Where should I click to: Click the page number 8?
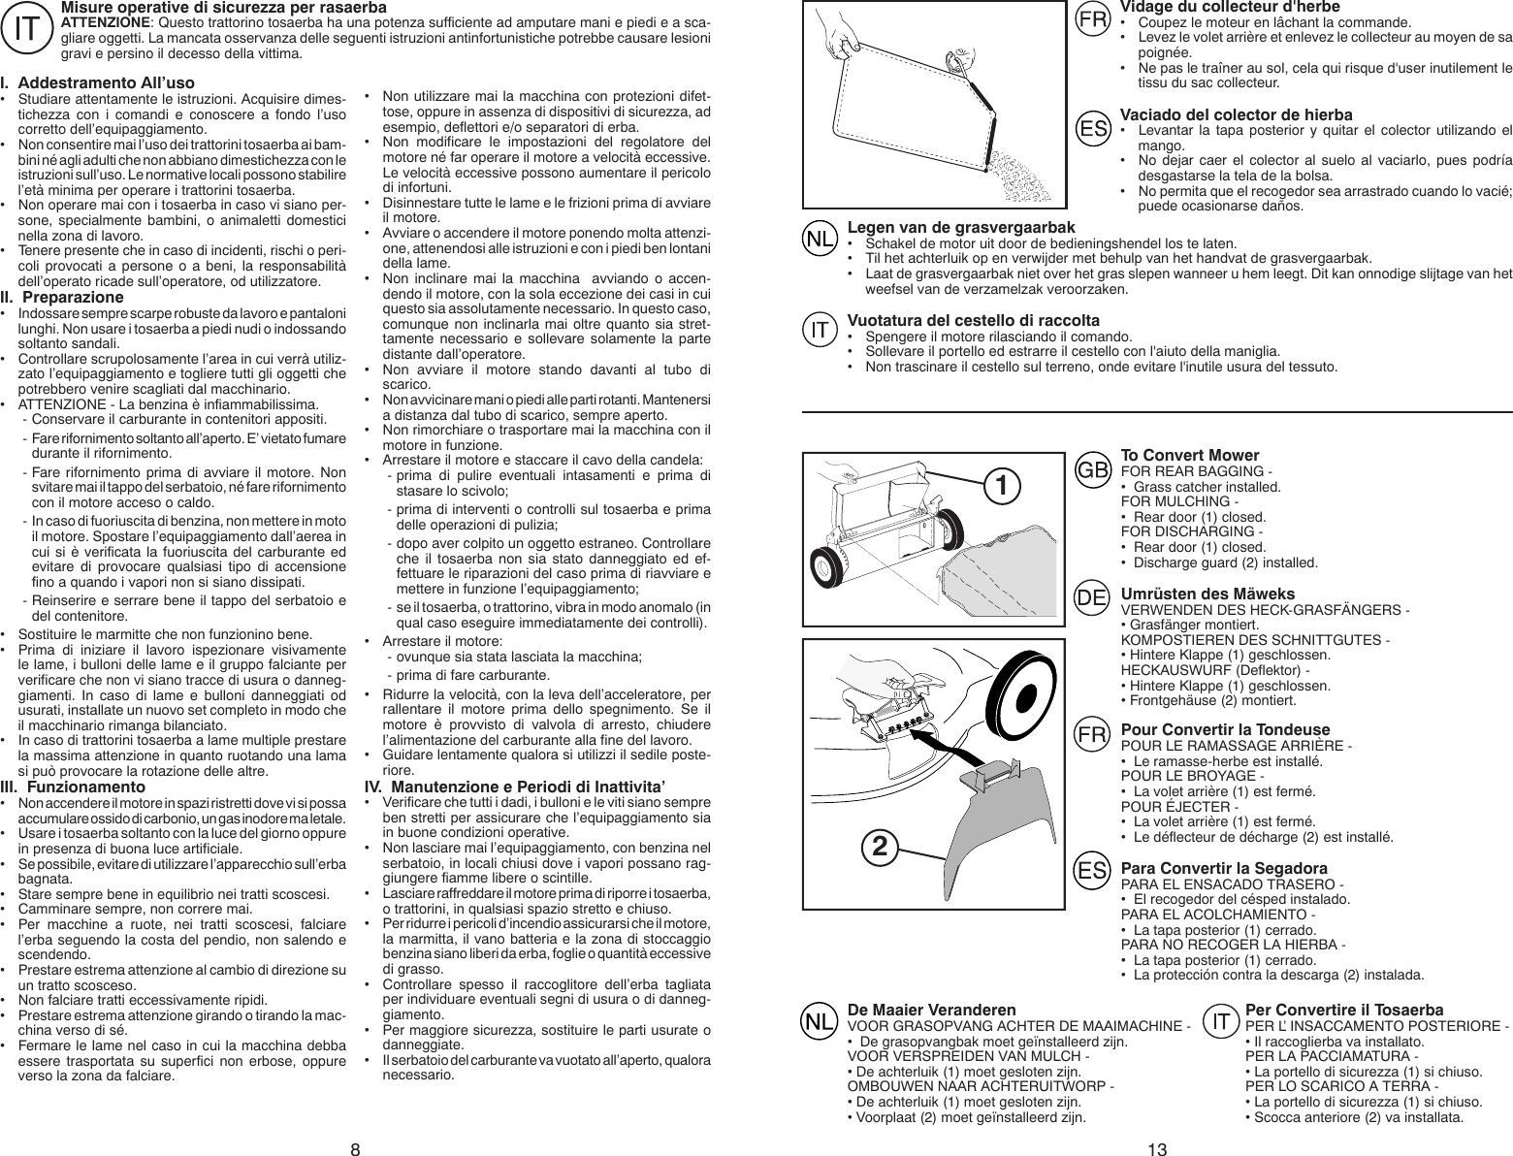[x=355, y=1149]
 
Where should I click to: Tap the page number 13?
[x=1156, y=1149]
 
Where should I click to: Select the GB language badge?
[x=1093, y=469]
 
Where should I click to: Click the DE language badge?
[x=1093, y=598]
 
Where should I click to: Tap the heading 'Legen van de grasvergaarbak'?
[x=954, y=227]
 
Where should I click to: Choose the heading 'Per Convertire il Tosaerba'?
[x=1343, y=1010]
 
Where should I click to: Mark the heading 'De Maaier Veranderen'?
[x=932, y=1010]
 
